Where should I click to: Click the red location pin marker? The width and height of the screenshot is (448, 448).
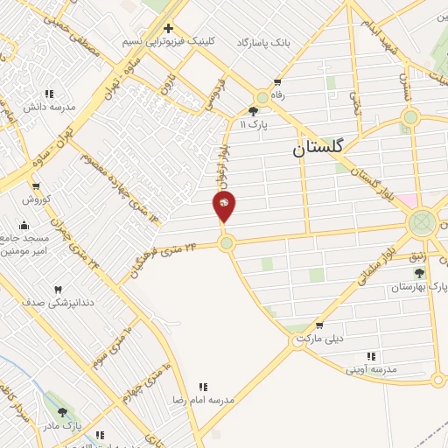pyautogui.click(x=224, y=206)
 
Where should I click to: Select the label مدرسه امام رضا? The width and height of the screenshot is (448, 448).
pyautogui.click(x=203, y=399)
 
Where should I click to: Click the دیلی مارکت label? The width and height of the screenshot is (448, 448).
pyautogui.click(x=317, y=338)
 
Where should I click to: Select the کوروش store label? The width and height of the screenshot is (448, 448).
pyautogui.click(x=38, y=199)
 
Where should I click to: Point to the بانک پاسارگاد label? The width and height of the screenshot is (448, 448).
pyautogui.click(x=262, y=41)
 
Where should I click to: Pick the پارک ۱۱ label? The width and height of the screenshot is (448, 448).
pyautogui.click(x=254, y=124)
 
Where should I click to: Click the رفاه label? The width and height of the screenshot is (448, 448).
pyautogui.click(x=278, y=94)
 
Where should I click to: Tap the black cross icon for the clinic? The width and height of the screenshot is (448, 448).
pyautogui.click(x=170, y=28)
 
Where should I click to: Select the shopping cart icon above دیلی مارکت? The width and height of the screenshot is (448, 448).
pyautogui.click(x=318, y=325)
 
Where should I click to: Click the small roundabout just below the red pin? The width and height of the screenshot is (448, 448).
pyautogui.click(x=227, y=243)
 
